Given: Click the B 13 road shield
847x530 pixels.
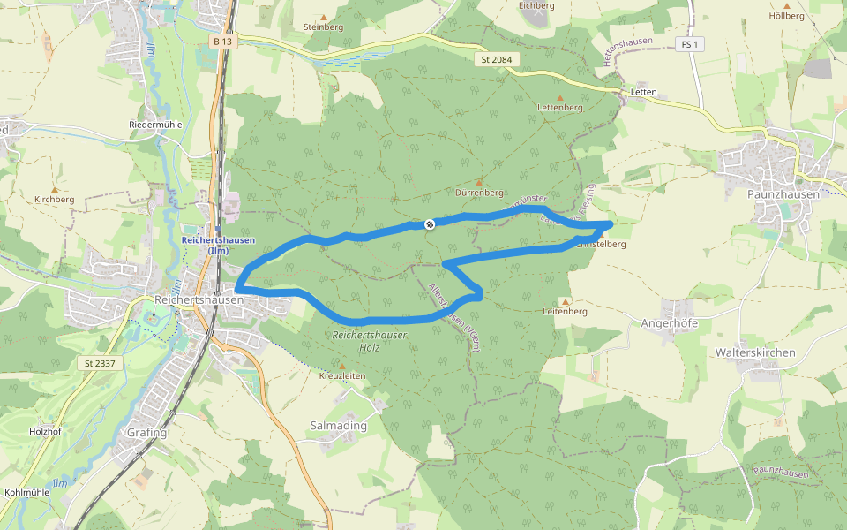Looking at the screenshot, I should point(222,41).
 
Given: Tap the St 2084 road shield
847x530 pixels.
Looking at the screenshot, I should point(497,59).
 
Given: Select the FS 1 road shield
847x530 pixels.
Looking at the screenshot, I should point(690,44).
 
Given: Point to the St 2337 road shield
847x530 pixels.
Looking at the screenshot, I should point(101,363).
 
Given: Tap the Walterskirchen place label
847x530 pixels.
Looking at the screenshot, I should point(756,352).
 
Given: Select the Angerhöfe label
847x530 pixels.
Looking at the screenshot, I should point(670,323).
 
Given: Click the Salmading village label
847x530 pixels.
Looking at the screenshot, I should point(339,426).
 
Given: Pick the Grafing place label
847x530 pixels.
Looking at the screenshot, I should point(147,433).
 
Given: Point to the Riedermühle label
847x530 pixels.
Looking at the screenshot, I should point(155,125).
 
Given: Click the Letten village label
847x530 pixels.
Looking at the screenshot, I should point(645,92).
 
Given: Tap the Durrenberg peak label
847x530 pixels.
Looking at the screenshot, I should point(480,192).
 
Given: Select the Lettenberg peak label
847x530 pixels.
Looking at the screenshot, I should point(560,107).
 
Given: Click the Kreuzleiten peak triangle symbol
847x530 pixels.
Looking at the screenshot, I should point(342,365).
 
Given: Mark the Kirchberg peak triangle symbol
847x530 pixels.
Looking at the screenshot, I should point(55,189).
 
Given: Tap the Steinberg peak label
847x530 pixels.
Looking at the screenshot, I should point(323,26).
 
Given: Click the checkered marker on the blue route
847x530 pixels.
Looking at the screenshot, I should point(430,224).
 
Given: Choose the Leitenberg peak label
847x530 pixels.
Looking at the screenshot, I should point(565,312).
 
